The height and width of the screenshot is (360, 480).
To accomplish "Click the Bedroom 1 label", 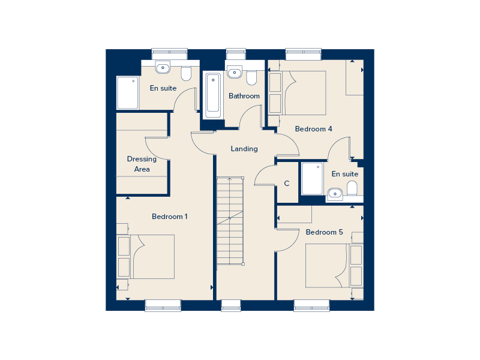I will (x=169, y=217).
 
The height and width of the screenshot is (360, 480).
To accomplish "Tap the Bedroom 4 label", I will (x=313, y=129).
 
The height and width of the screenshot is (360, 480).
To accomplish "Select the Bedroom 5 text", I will (x=324, y=232).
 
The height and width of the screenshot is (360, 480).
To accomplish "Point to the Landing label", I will (x=244, y=149).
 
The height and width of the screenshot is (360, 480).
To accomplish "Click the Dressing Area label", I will (x=142, y=164).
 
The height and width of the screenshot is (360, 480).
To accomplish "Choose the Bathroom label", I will (x=244, y=96).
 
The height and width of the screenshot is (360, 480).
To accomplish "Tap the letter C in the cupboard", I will (x=287, y=184).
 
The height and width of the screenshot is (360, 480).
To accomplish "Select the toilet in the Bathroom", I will (x=251, y=77).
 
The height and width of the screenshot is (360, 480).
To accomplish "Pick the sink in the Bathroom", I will (x=234, y=73).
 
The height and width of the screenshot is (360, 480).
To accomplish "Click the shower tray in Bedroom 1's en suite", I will (x=127, y=92).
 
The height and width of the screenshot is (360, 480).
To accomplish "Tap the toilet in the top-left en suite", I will (x=186, y=73).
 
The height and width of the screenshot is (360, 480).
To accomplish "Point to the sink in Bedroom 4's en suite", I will (x=335, y=193).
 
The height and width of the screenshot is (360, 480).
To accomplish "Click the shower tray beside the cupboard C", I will (x=312, y=179).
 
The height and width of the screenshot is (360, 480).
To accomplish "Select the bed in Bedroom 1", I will (x=152, y=257).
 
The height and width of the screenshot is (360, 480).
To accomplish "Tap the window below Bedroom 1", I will (x=163, y=305).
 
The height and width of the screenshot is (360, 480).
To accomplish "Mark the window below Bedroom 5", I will (x=311, y=305).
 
